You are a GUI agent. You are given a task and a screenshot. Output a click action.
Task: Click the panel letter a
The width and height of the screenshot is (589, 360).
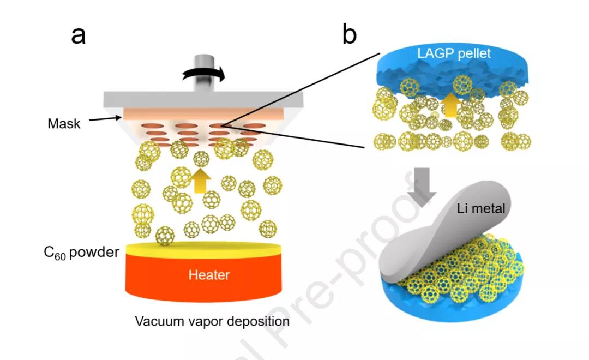tap(79, 36)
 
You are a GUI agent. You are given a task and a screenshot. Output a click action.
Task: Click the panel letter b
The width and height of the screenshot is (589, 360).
tap(350, 36)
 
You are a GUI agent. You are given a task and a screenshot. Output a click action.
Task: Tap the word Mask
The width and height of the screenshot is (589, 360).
tap(64, 124)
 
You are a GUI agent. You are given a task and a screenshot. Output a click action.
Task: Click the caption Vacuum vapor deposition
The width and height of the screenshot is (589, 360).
tap(212, 321)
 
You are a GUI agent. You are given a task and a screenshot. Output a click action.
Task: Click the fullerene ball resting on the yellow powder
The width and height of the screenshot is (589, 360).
tap(165, 236)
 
